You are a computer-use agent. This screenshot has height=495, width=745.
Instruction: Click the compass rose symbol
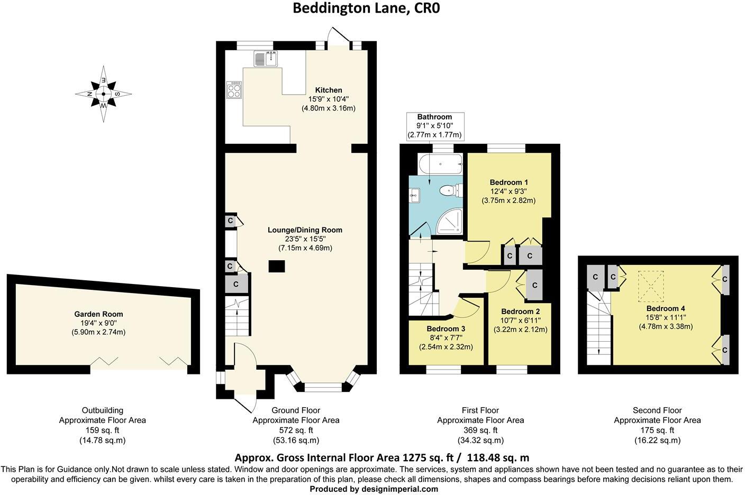point(104,94)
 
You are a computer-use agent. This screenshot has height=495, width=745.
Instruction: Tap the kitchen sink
point(266,59)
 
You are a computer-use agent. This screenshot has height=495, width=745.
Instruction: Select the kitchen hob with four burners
point(234,90)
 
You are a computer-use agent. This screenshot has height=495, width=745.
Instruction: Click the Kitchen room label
point(329,90)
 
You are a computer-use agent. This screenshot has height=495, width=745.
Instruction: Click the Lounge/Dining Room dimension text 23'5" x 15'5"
point(305,239)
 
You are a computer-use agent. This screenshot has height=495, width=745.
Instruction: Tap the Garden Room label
point(98,314)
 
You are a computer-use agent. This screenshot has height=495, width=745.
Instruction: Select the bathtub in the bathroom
point(440,164)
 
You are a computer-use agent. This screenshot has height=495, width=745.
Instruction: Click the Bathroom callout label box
point(434,126)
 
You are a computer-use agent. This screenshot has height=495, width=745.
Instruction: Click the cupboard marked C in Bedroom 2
point(534,285)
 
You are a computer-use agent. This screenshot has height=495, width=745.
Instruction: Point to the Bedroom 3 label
point(446,328)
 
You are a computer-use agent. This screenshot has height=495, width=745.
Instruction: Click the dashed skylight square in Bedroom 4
point(651,284)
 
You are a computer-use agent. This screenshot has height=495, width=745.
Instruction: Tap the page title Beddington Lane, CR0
point(366,8)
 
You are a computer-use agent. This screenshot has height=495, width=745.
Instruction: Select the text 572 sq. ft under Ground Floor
point(296,430)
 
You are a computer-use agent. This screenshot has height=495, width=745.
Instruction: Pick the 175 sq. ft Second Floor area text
point(657,430)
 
